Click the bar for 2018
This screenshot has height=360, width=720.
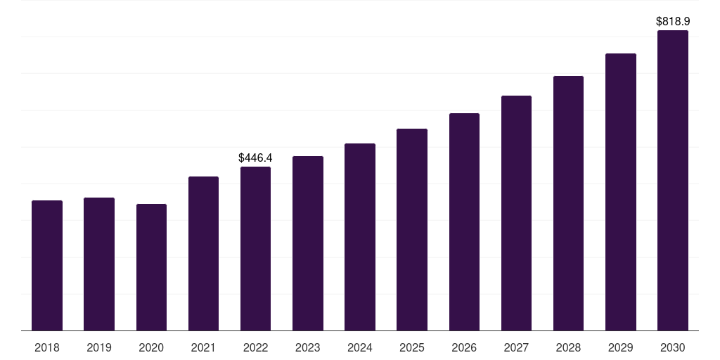point(47,265)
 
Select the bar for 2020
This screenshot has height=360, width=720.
point(151,267)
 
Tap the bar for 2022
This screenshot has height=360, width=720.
point(255,248)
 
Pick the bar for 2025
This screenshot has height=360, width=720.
point(412,229)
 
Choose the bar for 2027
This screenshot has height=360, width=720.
point(516,213)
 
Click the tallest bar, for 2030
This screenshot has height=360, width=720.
point(672,180)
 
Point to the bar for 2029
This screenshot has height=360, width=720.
point(620,192)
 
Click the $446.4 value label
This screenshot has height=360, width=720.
point(255,158)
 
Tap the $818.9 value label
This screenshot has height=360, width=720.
point(672,22)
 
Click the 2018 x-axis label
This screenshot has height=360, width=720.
point(47,347)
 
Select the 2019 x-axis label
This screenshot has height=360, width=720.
point(99,347)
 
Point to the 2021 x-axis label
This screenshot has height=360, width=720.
point(203,347)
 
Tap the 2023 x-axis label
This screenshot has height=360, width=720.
point(307,347)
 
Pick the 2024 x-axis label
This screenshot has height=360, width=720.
point(360,347)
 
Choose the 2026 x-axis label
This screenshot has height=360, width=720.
point(464,347)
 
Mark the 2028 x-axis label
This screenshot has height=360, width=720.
point(568,347)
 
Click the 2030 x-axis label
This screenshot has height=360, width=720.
point(672,347)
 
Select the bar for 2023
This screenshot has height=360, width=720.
point(307,243)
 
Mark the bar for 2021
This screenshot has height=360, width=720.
point(203,253)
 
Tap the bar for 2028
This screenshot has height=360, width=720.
point(568,203)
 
